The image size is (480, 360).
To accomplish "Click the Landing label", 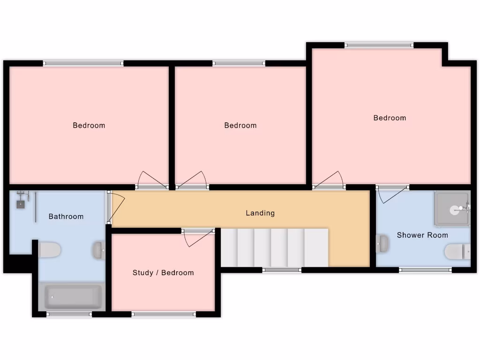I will pyautogui.click(x=260, y=213).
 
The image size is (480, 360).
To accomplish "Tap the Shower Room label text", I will pyautogui.click(x=422, y=235).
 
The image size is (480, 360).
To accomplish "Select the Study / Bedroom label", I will pyautogui.click(x=163, y=272).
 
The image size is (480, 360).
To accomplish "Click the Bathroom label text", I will pyautogui.click(x=66, y=216).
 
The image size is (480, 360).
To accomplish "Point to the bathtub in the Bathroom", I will pyautogui.click(x=73, y=297).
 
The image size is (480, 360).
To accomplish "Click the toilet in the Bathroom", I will pyautogui.click(x=49, y=250).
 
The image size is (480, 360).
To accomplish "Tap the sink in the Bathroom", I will pyautogui.click(x=98, y=250).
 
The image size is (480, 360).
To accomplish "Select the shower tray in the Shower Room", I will pyautogui.click(x=452, y=209).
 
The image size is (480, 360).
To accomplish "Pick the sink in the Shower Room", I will pyautogui.click(x=382, y=244).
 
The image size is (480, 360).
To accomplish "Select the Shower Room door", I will pyautogui.click(x=392, y=193).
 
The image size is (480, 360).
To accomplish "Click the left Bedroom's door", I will pyautogui.click(x=152, y=180).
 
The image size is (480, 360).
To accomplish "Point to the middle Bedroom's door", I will pyautogui.click(x=192, y=181).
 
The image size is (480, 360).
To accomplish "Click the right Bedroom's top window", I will pyautogui.click(x=379, y=45).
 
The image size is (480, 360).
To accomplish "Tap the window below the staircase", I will pyautogui.click(x=281, y=270).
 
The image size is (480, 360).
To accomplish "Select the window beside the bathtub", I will pyautogui.click(x=69, y=315).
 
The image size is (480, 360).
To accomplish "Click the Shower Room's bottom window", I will pyautogui.click(x=425, y=270).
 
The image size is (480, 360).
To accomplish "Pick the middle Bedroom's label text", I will pyautogui.click(x=240, y=125).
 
